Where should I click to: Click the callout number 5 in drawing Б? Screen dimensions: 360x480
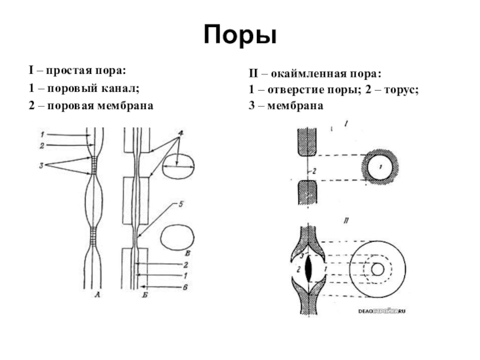tap(179, 205)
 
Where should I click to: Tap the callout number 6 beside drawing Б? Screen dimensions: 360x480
tap(187, 287)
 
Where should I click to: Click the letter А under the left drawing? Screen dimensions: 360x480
tap(97, 295)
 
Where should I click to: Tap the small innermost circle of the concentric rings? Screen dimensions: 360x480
tap(378, 268)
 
